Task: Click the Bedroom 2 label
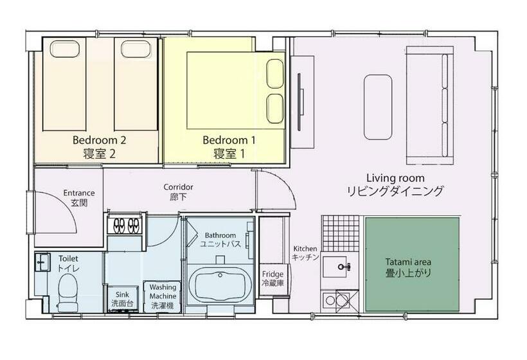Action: pyautogui.click(x=99, y=146)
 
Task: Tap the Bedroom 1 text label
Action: pyautogui.click(x=229, y=146)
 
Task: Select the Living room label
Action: pyautogui.click(x=395, y=184)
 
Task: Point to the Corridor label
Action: pyautogui.click(x=178, y=192)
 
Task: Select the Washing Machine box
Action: pyautogui.click(x=163, y=296)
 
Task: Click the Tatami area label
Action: pyautogui.click(x=408, y=267)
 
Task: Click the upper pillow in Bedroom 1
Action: pyautogui.click(x=275, y=70)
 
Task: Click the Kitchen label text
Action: pyautogui.click(x=306, y=253)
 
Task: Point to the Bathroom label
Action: pyautogui.click(x=220, y=240)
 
